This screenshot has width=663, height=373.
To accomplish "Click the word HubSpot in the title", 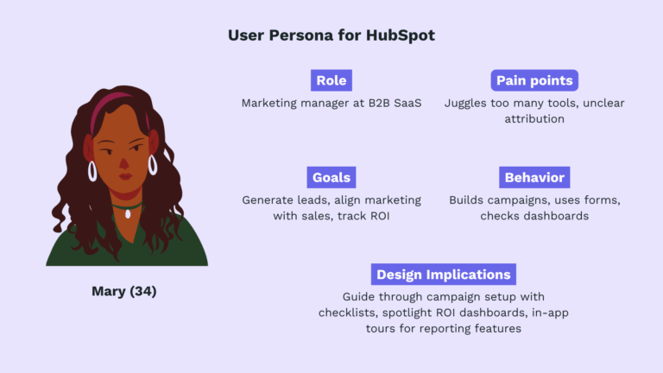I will click(x=401, y=35).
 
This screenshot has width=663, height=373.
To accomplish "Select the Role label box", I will click(x=331, y=80).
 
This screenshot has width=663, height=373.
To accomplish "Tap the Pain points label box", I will click(x=534, y=80).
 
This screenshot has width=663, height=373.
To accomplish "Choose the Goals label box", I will click(x=331, y=177).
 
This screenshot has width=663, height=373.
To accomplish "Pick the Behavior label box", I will click(x=534, y=177).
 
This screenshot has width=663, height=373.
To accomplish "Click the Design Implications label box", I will click(x=444, y=275).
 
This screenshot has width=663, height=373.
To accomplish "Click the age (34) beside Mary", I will click(x=142, y=291).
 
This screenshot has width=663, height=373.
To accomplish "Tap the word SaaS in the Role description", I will click(x=405, y=104).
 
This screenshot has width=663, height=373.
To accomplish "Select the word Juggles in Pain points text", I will click(x=466, y=104).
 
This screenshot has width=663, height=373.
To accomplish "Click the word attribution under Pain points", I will click(x=534, y=119).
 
